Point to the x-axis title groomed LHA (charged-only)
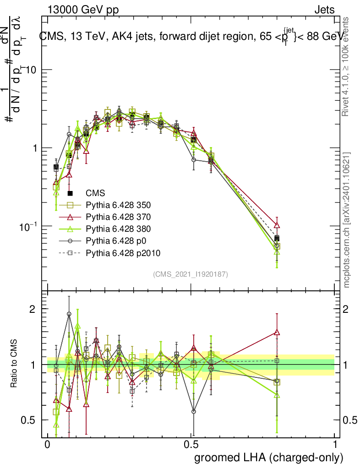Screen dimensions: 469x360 coord(269,457)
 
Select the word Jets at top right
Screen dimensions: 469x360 coord(324,10)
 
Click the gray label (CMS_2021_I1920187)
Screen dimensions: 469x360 coord(190,274)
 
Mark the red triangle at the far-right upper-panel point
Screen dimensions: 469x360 coord(277,225)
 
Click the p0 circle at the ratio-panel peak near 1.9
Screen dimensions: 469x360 coord(69,314)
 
